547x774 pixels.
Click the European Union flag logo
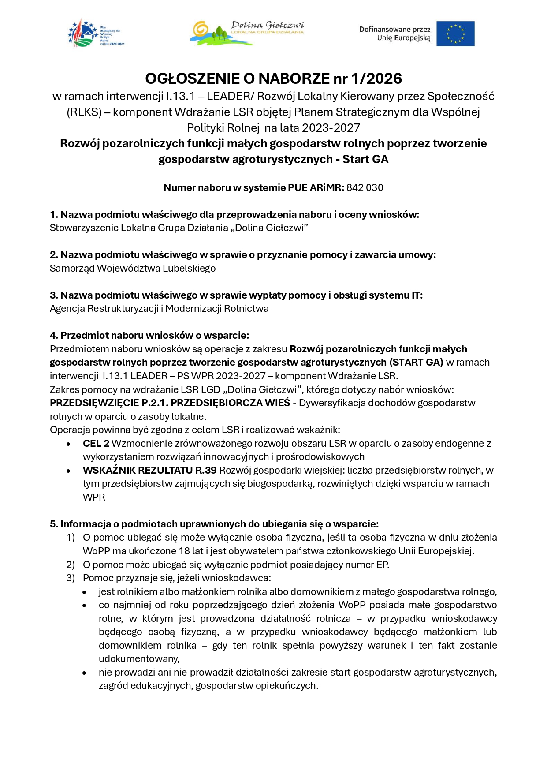[x=455, y=34]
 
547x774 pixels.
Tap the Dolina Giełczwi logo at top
[x=247, y=33]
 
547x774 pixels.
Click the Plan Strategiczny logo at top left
[x=96, y=34]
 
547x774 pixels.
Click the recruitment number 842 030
[x=365, y=187]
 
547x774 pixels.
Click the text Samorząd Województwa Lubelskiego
[x=133, y=268]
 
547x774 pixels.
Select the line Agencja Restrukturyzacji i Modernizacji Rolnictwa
[x=159, y=308]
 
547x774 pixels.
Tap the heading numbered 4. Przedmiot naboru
[x=149, y=335]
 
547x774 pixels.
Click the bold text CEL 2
[x=96, y=443]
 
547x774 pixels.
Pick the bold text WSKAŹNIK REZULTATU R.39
[x=149, y=470]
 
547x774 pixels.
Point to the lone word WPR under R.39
[x=94, y=497]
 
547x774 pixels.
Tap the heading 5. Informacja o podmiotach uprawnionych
[x=214, y=524]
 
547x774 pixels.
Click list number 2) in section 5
[x=71, y=565]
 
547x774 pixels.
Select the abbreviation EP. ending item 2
[x=383, y=565]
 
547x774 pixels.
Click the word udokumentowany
[x=139, y=658]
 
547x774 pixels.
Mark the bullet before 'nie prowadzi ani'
[x=84, y=673]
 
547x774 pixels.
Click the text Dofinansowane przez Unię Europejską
[x=394, y=34]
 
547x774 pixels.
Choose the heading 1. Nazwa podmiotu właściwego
[x=234, y=214]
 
